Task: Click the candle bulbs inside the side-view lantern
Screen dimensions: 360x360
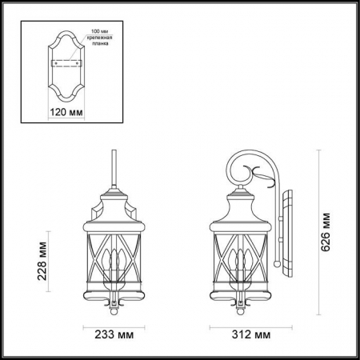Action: pos(237,265)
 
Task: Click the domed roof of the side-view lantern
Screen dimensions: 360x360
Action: pos(237,210)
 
